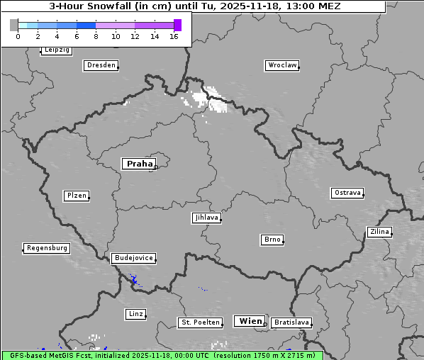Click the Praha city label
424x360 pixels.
pyautogui.click(x=139, y=164)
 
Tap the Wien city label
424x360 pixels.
pyautogui.click(x=250, y=321)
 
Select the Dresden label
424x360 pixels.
pyautogui.click(x=100, y=65)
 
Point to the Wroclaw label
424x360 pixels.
pyautogui.click(x=281, y=65)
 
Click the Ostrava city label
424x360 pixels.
pyautogui.click(x=347, y=193)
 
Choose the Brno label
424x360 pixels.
pyautogui.click(x=272, y=240)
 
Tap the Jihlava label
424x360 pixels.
pyautogui.click(x=206, y=218)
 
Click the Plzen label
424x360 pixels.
pyautogui.click(x=76, y=196)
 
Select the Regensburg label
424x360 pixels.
pyautogui.click(x=47, y=248)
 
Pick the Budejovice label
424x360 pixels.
pyautogui.click(x=133, y=258)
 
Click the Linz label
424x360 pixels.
pyautogui.click(x=135, y=313)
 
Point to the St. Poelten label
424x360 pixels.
pyautogui.click(x=201, y=322)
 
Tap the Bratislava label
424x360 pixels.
pyautogui.click(x=291, y=322)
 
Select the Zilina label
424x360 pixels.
pyautogui.click(x=379, y=232)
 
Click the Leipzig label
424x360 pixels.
pyautogui.click(x=56, y=50)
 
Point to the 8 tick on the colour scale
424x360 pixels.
pyautogui.click(x=96, y=36)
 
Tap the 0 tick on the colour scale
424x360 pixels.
pyautogui.click(x=18, y=36)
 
